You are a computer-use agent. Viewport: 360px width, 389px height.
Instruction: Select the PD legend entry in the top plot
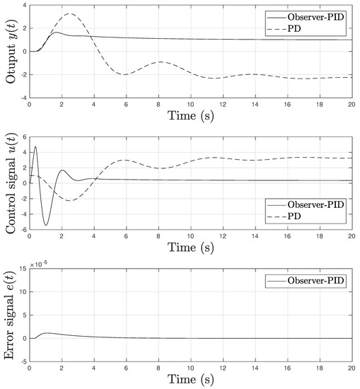point(305,28)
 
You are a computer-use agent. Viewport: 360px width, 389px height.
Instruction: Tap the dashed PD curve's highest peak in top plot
point(69,14)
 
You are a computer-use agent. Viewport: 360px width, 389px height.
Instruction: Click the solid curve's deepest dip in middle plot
point(46,225)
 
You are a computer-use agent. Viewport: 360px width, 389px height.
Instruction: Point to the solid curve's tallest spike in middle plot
point(35,146)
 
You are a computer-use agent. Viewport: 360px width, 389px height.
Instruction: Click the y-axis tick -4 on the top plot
point(21,97)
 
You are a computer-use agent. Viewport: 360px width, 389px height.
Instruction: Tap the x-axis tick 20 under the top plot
point(351,104)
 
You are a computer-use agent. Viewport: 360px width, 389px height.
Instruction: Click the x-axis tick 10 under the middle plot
point(190,236)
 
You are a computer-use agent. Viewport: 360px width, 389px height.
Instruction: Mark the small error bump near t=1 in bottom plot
point(47,332)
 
